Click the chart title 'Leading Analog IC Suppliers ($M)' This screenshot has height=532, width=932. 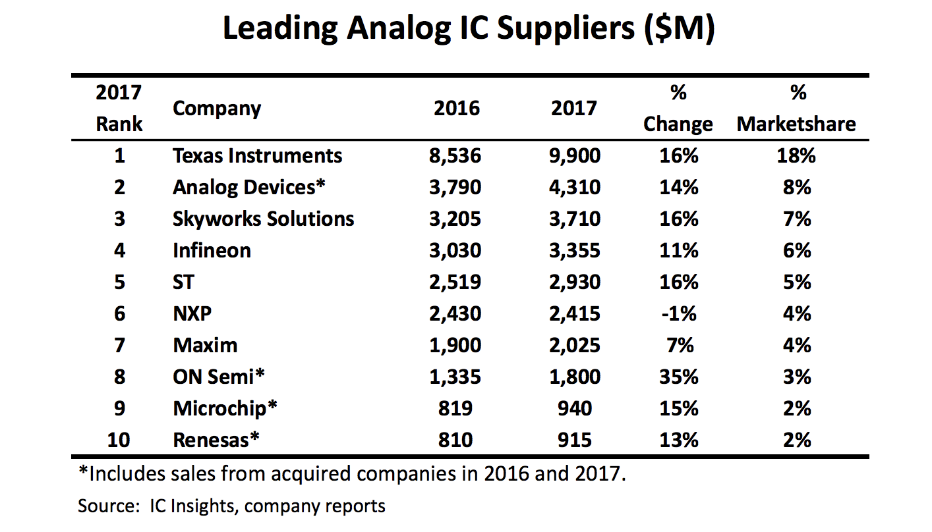pyautogui.click(x=468, y=29)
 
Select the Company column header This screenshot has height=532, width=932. pyautogui.click(x=217, y=109)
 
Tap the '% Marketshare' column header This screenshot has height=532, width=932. pyautogui.click(x=797, y=109)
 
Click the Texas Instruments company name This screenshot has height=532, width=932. pyautogui.click(x=257, y=156)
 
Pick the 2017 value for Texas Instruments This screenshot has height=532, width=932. pyautogui.click(x=575, y=156)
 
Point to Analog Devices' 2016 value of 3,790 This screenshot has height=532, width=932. pyautogui.click(x=457, y=188)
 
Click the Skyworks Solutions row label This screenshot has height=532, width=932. pyautogui.click(x=263, y=219)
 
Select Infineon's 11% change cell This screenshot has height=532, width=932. pyautogui.click(x=678, y=251)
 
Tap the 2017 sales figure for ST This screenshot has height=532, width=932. pyautogui.click(x=575, y=282)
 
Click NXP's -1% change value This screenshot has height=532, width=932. pyautogui.click(x=678, y=314)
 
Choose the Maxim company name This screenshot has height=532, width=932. pyautogui.click(x=205, y=346)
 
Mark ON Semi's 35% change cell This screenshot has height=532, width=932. pyautogui.click(x=678, y=377)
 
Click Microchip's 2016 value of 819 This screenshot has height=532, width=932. pyautogui.click(x=457, y=409)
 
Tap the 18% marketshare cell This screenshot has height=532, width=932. pyautogui.click(x=797, y=156)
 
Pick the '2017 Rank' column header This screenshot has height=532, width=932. pyautogui.click(x=119, y=109)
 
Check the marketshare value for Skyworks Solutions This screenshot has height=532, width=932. pyautogui.click(x=797, y=219)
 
